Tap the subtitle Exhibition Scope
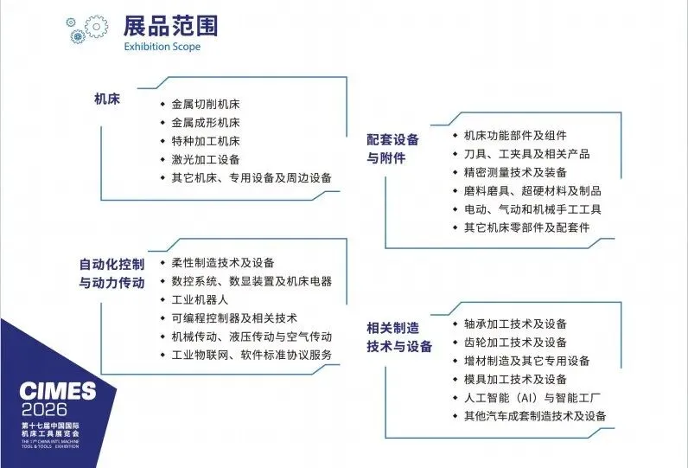click(x=162, y=47)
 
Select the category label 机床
click(x=106, y=99)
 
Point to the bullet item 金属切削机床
click(x=206, y=104)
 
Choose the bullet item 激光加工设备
click(x=206, y=159)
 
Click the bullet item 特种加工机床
click(x=206, y=141)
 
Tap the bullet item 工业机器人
click(x=200, y=299)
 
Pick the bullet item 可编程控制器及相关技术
click(x=234, y=317)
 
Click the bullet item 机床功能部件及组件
click(x=515, y=135)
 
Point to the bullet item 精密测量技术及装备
click(x=515, y=172)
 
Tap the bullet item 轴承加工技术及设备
click(x=515, y=324)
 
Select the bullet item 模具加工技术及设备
click(x=515, y=379)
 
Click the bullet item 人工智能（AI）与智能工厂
click(x=532, y=398)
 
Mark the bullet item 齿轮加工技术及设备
click(x=515, y=342)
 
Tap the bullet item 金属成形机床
click(x=206, y=122)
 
